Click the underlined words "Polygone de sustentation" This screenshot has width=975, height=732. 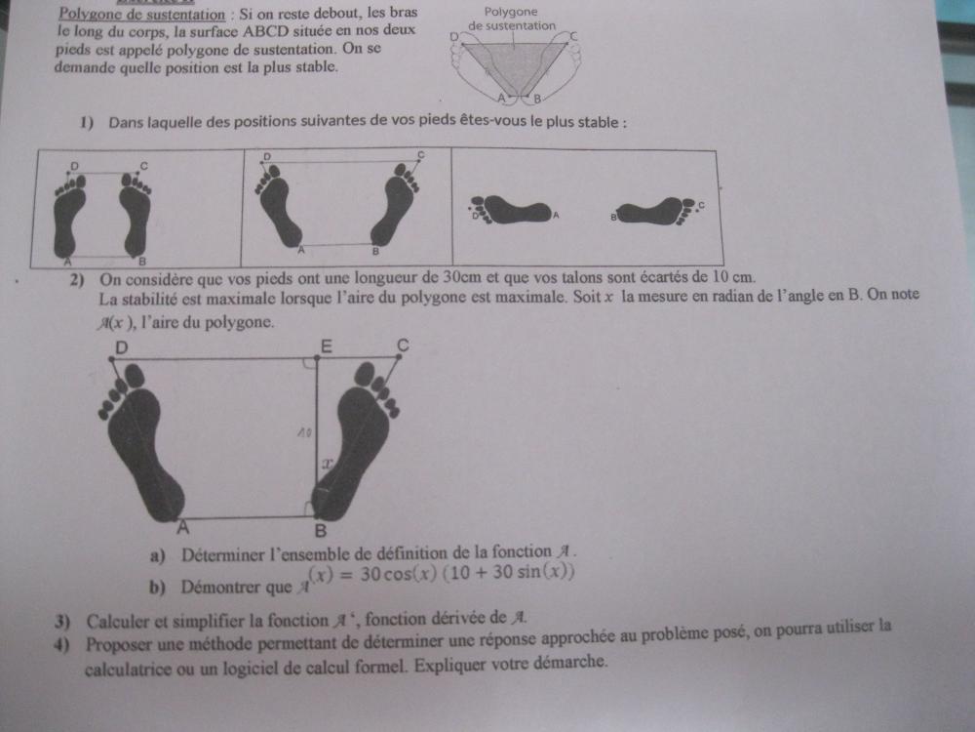141,14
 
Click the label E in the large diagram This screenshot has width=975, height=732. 326,346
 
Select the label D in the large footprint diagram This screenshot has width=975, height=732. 121,346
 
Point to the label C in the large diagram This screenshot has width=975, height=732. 403,345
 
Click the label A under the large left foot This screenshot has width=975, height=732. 182,528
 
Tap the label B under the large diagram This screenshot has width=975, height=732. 320,531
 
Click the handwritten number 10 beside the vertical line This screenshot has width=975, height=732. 303,432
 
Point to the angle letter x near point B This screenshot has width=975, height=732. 327,464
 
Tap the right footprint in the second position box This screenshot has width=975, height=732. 395,203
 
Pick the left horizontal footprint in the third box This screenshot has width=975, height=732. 511,209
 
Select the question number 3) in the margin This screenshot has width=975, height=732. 62,621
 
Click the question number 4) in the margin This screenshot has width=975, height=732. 62,645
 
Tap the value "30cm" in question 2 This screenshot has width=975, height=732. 459,276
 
